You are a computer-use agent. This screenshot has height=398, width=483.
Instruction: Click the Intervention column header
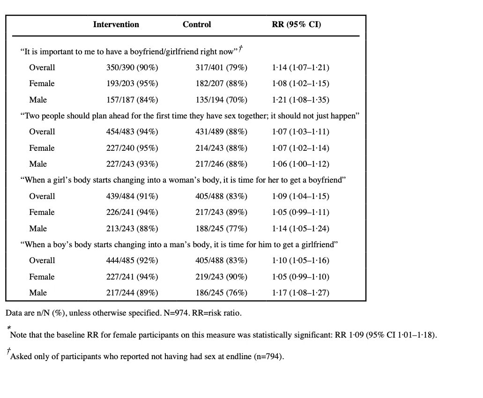[x=116, y=24]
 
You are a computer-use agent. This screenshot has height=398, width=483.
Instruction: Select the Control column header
[x=197, y=24]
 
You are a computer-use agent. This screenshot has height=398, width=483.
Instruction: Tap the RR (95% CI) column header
[x=297, y=25]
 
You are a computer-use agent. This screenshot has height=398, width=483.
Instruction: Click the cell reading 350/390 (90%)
[x=132, y=67]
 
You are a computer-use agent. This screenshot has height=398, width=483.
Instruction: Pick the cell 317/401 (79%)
[x=221, y=67]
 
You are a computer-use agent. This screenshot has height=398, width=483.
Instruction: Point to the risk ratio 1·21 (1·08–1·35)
[x=301, y=100]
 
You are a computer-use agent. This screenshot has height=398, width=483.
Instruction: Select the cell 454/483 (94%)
[x=132, y=132]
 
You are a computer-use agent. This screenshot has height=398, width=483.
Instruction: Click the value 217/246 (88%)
[x=221, y=164]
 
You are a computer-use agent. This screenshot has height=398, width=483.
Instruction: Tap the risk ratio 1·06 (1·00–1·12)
[x=301, y=164]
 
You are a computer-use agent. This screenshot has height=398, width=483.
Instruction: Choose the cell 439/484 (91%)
[x=132, y=196]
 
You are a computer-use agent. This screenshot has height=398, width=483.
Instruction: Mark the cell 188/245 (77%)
[x=221, y=228]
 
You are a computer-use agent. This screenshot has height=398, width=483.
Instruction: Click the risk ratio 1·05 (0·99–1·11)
[x=301, y=212]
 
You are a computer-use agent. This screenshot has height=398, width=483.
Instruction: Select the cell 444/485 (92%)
[x=132, y=260]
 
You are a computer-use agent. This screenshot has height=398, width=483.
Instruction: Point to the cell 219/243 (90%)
[x=221, y=277]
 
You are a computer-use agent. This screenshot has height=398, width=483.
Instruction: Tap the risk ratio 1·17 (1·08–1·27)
[x=301, y=293]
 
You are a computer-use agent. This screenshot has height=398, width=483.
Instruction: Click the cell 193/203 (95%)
[x=132, y=83]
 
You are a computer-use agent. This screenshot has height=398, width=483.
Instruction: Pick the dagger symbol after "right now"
[x=241, y=49]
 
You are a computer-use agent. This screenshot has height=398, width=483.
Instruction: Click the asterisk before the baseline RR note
[x=9, y=328]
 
